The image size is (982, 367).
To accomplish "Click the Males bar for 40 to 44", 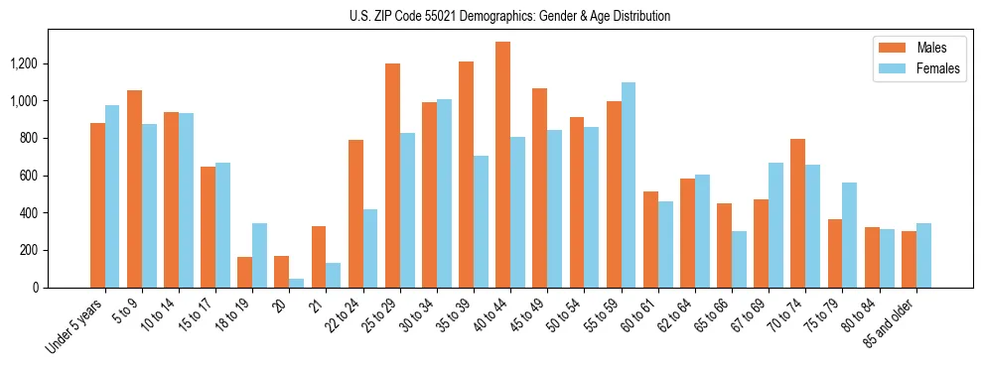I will pos(502,165).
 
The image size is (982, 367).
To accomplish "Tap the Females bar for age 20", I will pos(297,283).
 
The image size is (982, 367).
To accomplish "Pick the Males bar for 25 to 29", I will pos(392,176).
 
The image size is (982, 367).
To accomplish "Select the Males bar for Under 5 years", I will pos(97,205).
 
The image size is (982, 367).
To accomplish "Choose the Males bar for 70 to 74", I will pos(797,213).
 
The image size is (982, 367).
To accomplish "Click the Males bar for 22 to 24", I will pos(355,214).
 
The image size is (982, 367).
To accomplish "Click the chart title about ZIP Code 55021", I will pos(510,16).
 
